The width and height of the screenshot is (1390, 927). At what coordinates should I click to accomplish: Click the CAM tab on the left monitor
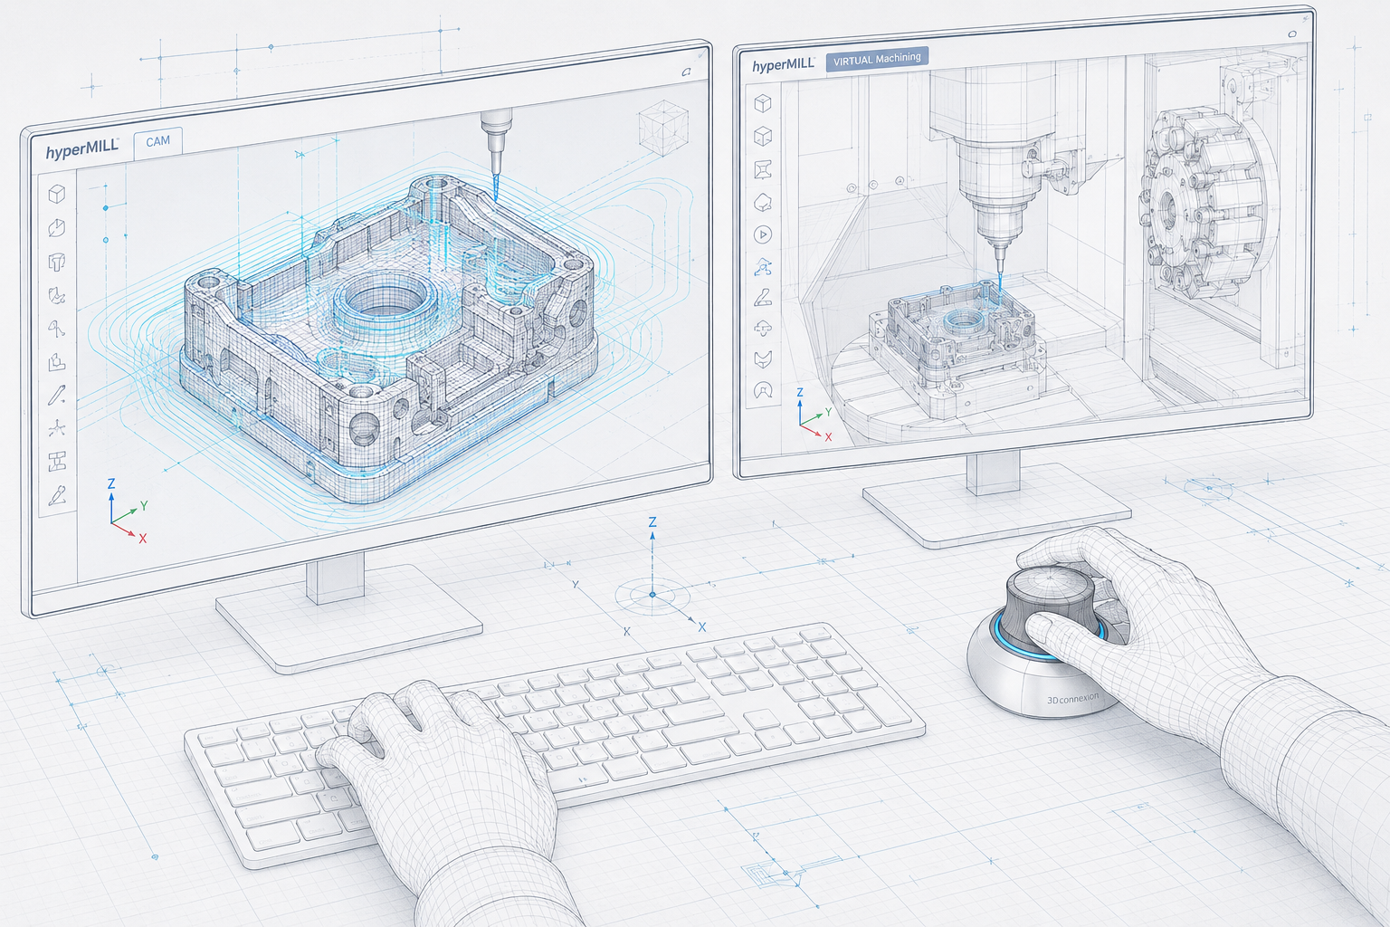click(x=158, y=141)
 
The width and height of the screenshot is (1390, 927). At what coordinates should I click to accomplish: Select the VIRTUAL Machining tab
click(x=877, y=59)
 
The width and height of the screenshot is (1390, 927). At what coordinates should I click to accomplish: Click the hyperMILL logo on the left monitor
click(x=82, y=149)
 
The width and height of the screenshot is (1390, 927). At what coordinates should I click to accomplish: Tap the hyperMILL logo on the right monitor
click(x=783, y=65)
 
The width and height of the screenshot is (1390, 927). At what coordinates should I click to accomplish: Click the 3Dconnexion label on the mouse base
click(x=1072, y=699)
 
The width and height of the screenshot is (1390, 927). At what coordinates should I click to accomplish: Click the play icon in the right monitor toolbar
click(x=763, y=234)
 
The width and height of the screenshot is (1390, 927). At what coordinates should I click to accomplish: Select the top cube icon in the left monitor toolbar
click(x=56, y=195)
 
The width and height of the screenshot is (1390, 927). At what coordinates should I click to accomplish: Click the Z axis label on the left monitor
click(x=111, y=483)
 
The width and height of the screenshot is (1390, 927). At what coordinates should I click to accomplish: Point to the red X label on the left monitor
click(x=143, y=539)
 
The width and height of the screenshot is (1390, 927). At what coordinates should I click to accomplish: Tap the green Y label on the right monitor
click(x=828, y=412)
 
